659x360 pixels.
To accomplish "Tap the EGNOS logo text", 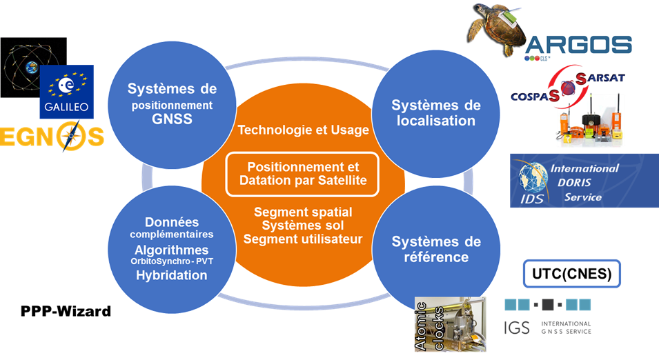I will point(52,135).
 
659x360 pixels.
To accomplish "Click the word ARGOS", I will point(578,46).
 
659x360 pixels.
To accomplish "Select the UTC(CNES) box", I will point(572,274).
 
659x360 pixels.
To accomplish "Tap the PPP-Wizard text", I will point(66,312).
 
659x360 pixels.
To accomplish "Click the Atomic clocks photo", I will point(448,323).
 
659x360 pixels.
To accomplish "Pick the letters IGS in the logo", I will point(517,328).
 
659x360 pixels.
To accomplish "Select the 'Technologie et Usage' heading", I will point(303,130).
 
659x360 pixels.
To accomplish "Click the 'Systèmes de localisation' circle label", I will point(435,112).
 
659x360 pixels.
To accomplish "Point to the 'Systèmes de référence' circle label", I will point(435,249).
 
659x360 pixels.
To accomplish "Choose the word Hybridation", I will point(171,275).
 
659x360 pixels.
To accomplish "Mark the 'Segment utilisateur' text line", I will point(302,239).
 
